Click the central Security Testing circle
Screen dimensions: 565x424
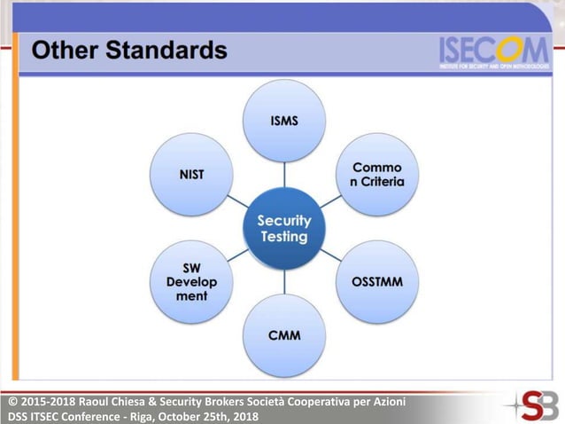click(x=284, y=229)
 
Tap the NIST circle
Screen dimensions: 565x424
click(x=191, y=174)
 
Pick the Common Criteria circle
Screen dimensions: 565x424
click(x=378, y=174)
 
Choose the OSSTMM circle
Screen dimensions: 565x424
click(x=378, y=282)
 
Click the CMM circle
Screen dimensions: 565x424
click(x=284, y=335)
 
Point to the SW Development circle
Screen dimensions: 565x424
click(x=191, y=282)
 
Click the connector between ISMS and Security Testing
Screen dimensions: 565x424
click(x=284, y=175)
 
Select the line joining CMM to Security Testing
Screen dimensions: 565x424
click(x=284, y=282)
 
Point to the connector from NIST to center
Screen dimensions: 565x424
click(x=237, y=201)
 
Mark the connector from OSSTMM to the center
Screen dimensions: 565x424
click(x=331, y=255)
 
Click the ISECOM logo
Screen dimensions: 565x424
click(x=493, y=52)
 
